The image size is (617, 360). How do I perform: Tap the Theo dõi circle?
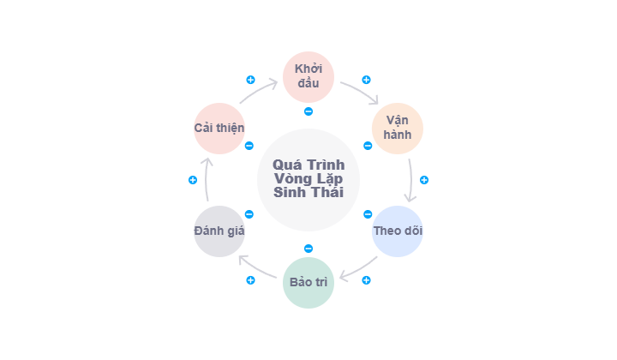(x=398, y=231)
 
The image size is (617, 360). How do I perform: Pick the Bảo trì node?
(x=308, y=283)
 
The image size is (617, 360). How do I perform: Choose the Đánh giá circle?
(x=219, y=231)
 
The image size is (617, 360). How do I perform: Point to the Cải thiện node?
(x=219, y=129)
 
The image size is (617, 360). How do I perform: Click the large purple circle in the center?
(x=308, y=180)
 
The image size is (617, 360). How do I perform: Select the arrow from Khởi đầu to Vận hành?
(x=361, y=92)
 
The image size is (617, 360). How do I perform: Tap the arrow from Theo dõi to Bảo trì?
(x=359, y=268)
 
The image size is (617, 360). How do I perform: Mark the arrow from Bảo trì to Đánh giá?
(x=256, y=268)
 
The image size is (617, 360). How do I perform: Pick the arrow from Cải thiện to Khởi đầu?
(x=258, y=91)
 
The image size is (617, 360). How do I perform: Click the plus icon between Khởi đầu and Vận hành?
(x=367, y=80)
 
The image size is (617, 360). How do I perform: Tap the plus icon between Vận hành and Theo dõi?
(x=424, y=180)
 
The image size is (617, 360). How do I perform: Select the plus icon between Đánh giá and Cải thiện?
(x=193, y=180)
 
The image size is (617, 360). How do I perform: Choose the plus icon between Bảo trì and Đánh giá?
(x=250, y=280)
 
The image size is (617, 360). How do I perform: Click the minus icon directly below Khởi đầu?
(x=308, y=111)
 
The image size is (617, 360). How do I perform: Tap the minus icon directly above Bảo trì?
(x=308, y=249)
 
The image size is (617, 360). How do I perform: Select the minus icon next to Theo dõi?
(x=368, y=214)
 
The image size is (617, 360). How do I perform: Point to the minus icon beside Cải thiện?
(x=249, y=146)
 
